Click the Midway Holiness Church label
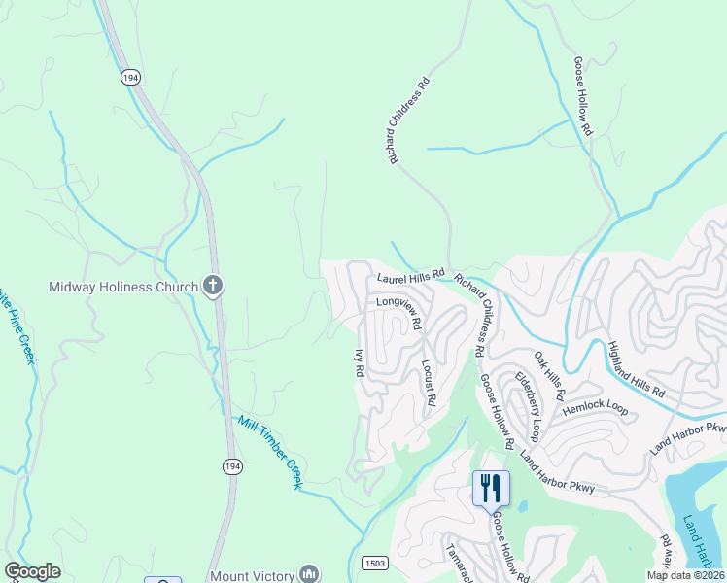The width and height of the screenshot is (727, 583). coord(123,287)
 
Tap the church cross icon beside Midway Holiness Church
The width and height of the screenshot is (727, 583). coord(213,286)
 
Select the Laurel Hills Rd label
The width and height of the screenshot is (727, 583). coord(410,279)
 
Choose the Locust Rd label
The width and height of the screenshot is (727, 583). coord(428,382)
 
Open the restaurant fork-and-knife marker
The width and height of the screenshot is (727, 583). coord(491,487)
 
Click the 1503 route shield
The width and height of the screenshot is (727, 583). coord(376,563)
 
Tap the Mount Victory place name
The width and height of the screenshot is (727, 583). coord(253,573)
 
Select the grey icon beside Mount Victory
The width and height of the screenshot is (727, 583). coord(309,573)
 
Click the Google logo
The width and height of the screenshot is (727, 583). coord(32,571)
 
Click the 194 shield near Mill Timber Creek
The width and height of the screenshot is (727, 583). coord(231,467)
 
